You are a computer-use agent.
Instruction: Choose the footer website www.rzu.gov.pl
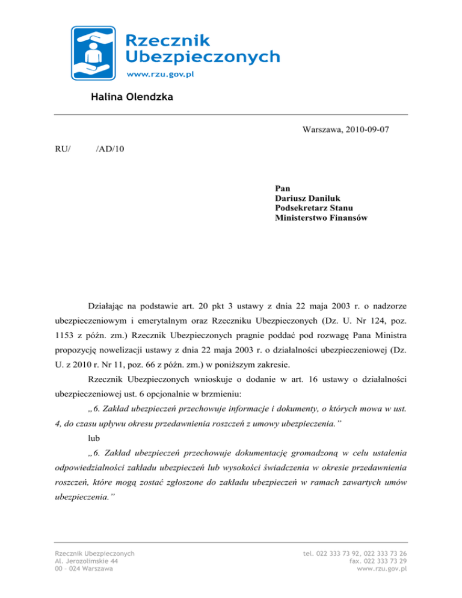tap(382, 569)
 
